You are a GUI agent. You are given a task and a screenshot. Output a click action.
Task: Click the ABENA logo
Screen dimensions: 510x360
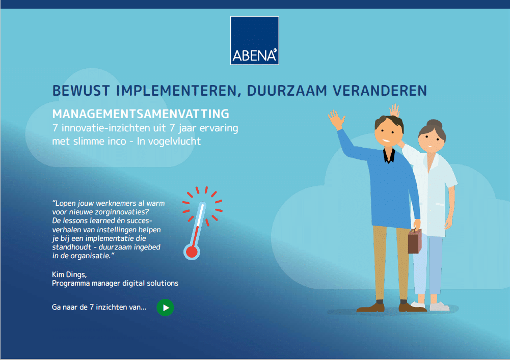point(255,41)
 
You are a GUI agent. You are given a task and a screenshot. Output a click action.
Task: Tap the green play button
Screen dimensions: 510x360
point(165,308)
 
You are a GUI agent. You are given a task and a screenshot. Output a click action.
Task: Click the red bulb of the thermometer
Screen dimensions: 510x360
point(192,252)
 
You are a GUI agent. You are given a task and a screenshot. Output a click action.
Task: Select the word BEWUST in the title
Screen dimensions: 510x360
point(81,91)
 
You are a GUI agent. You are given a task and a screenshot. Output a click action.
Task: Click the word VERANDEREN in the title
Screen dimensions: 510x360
point(380,91)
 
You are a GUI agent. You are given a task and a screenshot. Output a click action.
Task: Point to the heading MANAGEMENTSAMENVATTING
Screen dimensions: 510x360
point(141,114)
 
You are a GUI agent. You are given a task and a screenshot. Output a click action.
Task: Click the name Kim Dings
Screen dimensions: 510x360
point(69,274)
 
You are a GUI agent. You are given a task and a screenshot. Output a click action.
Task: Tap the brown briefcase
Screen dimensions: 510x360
point(415,241)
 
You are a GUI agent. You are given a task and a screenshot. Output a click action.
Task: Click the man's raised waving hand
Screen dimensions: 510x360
point(336,120)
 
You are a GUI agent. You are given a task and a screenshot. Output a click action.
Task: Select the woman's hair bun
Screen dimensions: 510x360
point(435,124)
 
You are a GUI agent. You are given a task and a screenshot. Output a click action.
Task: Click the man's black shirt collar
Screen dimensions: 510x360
point(389,155)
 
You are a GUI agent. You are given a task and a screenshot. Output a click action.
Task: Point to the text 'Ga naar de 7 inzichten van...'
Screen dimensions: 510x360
point(99,308)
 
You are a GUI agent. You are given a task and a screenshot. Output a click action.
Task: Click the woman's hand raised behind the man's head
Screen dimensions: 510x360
point(394,110)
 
